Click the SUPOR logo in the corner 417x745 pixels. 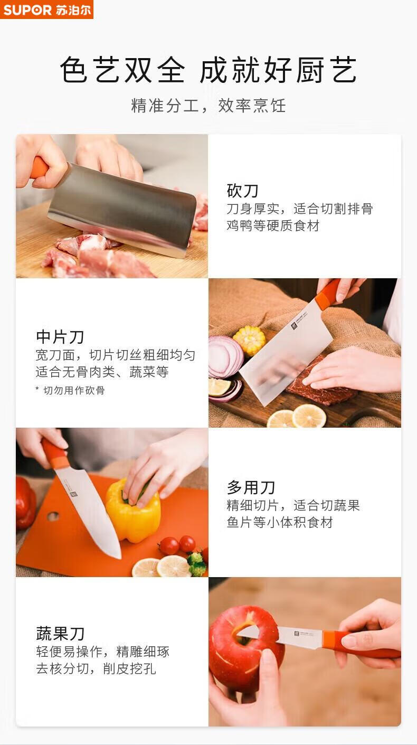click(x=46, y=10)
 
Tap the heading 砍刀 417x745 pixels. click(x=242, y=191)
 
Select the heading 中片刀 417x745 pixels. click(x=60, y=337)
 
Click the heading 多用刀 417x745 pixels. click(x=251, y=487)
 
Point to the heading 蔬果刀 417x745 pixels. click(x=60, y=634)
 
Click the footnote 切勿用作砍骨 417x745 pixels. click(x=70, y=390)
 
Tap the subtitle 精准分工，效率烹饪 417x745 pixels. click(x=209, y=106)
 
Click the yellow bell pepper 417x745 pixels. click(x=134, y=508)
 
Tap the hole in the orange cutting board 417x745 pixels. click(x=53, y=516)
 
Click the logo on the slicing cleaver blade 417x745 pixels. click(x=295, y=325)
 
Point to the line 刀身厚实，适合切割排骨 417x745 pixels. click(x=300, y=209)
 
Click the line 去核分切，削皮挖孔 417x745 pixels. click(x=96, y=668)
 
